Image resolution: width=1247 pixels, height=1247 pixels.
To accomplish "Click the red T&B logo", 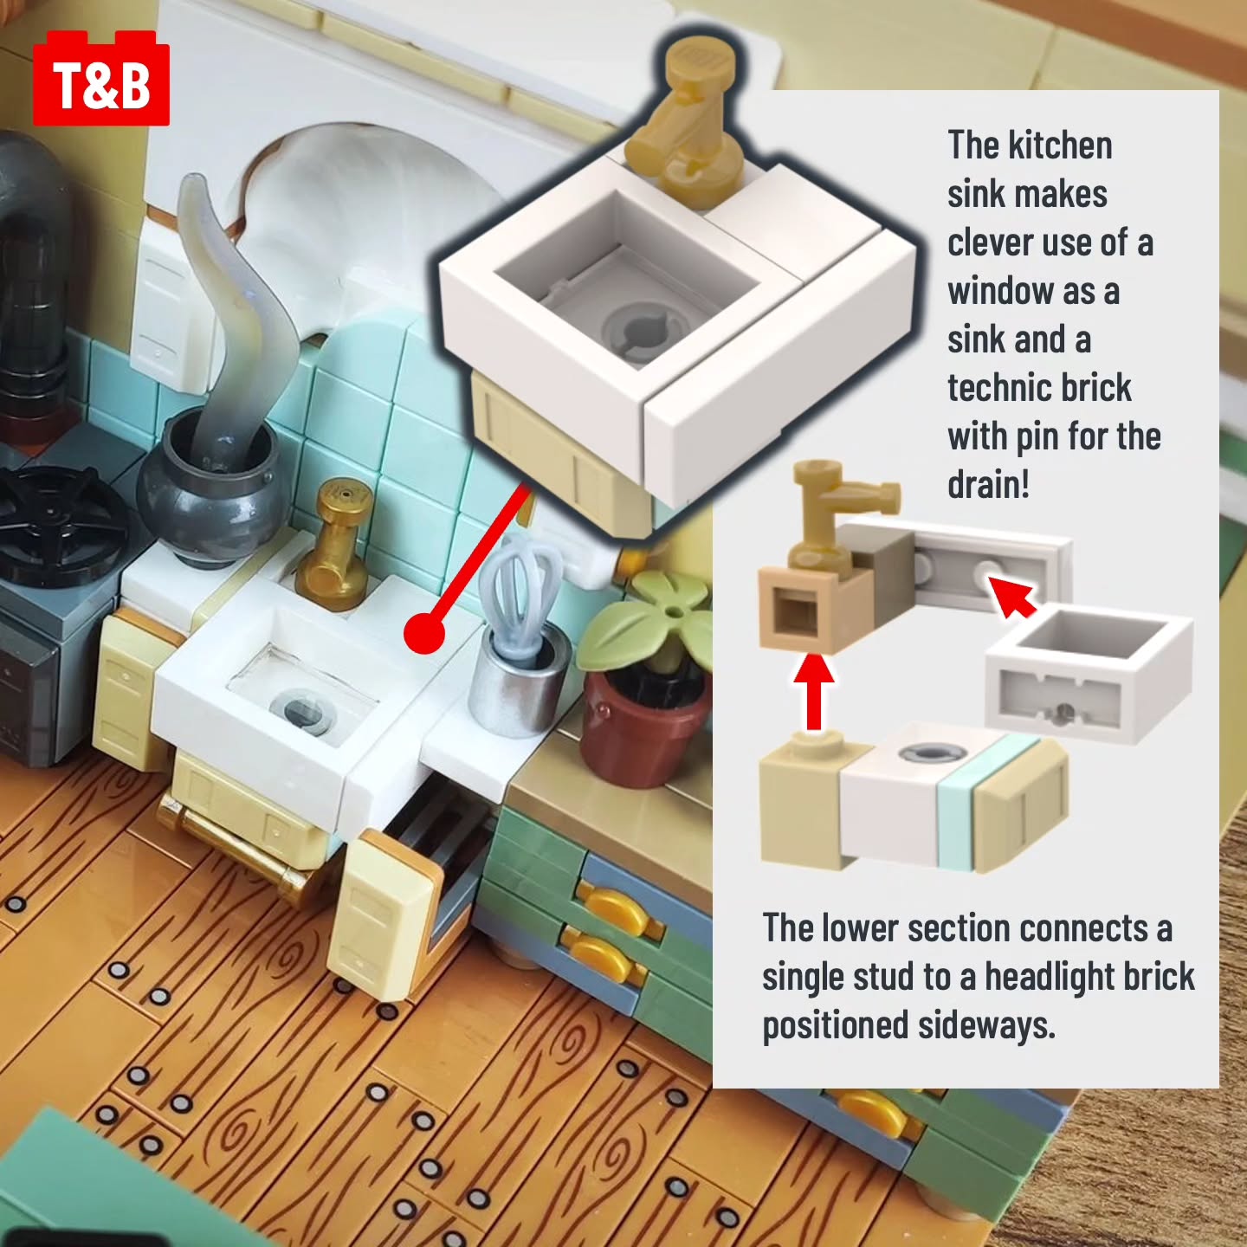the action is point(101,78).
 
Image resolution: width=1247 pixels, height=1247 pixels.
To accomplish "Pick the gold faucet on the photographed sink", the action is point(337,546).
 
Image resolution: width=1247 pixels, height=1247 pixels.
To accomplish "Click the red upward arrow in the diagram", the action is point(814,691).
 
